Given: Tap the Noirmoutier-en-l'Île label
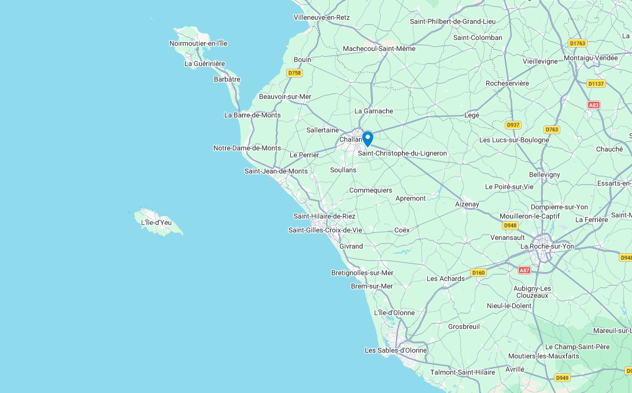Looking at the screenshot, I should [198, 43].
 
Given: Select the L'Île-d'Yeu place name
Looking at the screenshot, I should [157, 222].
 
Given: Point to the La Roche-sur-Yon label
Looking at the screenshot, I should [548, 246].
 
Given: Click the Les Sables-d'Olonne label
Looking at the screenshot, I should [396, 350].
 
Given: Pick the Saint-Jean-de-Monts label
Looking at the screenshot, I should [276, 171].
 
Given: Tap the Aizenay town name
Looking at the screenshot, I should [467, 204].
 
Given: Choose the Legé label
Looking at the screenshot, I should [472, 115].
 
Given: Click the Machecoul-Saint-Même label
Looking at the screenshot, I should [379, 49].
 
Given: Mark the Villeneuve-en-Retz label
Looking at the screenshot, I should [322, 17].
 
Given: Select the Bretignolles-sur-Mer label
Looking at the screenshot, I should [363, 273].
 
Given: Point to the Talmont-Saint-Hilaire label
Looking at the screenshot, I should [463, 372].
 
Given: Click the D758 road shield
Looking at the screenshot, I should [295, 73].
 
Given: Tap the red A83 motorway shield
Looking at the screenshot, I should [594, 105].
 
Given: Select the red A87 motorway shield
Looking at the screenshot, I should [524, 270].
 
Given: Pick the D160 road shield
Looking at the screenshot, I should [478, 273].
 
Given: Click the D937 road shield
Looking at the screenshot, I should [513, 125].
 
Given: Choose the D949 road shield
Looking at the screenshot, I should [562, 378].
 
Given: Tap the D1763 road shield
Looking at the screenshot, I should [577, 43].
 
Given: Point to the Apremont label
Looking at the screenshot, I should [411, 198].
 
